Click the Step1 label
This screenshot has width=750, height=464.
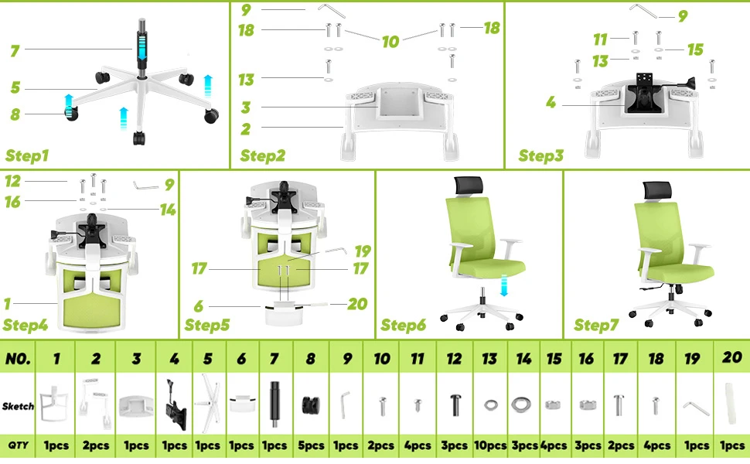27,155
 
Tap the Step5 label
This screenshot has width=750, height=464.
207,325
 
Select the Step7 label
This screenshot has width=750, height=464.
596,325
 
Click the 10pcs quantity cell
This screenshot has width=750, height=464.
490,445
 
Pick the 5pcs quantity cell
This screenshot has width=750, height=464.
311,445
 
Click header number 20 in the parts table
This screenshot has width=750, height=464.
731,357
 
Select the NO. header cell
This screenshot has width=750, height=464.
19,358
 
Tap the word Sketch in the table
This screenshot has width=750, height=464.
19,406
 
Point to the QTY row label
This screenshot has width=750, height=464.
19,445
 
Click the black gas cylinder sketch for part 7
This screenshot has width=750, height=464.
274,404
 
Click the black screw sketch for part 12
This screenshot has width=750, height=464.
455,404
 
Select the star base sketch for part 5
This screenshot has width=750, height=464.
208,403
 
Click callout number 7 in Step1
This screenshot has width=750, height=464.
15,51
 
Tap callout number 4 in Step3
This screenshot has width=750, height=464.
551,102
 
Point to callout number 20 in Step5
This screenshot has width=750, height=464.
357,304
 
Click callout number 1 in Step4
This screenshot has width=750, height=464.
7,304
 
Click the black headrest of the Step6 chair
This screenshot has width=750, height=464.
469,186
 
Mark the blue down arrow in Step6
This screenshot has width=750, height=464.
503,285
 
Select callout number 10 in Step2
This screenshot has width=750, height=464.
390,42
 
